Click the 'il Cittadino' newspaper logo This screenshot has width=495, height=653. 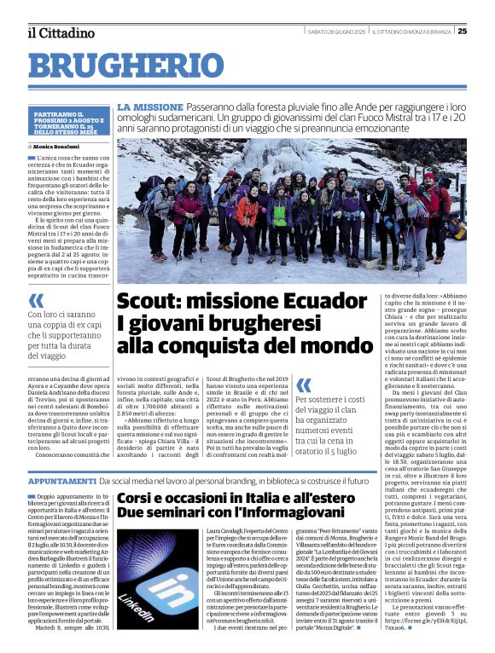pyautogui.click(x=60, y=32)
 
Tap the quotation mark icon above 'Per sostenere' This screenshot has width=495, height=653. pyautogui.click(x=304, y=386)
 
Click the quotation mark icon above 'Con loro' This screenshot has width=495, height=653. pyautogui.click(x=36, y=301)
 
